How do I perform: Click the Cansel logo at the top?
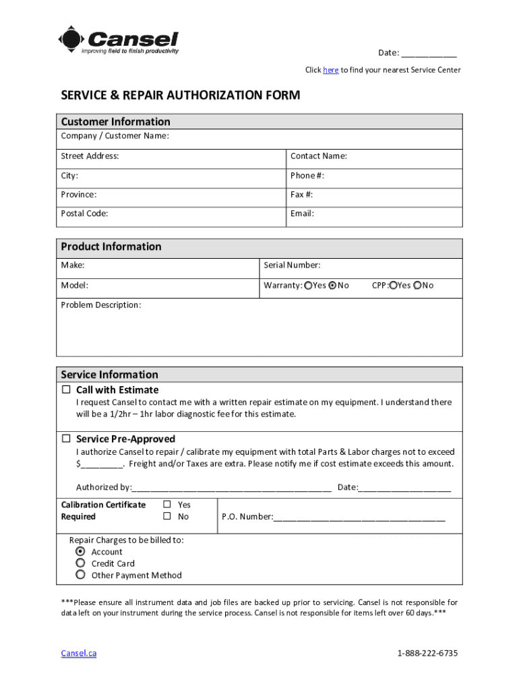tap(119, 40)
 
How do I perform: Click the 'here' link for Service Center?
tap(330, 70)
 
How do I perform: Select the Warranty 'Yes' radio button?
tap(308, 286)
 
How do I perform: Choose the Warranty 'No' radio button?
tap(332, 286)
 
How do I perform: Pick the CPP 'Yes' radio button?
tap(393, 286)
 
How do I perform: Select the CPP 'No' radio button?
tap(418, 286)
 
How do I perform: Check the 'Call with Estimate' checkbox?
tap(66, 390)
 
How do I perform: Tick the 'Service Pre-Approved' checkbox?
tap(66, 439)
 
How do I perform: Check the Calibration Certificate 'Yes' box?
tap(166, 505)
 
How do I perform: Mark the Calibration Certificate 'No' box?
tap(166, 517)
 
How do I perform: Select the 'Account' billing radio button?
tap(80, 551)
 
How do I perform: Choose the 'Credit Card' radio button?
tap(80, 563)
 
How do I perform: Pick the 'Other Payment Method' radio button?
tap(80, 575)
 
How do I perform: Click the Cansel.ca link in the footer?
tap(79, 654)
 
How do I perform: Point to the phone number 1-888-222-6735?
tap(427, 654)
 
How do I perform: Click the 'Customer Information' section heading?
tap(115, 122)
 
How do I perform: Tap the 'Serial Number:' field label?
tap(292, 265)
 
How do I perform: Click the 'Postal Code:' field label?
tap(84, 214)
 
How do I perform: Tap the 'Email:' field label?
tap(302, 214)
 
